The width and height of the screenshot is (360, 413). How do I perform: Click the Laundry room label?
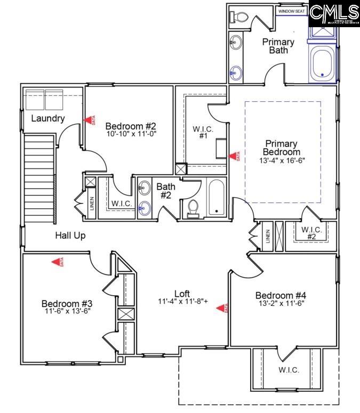tap(48, 118)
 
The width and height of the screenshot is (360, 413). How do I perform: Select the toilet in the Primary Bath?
tap(238, 17)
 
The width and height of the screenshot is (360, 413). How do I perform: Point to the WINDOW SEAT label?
tap(292, 10)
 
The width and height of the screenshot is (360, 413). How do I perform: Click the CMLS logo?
tap(334, 14)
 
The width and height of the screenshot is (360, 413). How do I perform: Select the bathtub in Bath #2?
tap(215, 197)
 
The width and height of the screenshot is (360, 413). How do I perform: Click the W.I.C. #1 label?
tap(203, 132)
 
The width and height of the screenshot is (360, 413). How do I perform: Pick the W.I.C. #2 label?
tap(312, 233)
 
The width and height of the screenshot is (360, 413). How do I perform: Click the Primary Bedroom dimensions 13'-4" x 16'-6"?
tap(282, 160)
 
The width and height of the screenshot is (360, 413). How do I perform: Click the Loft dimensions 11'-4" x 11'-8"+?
tap(182, 302)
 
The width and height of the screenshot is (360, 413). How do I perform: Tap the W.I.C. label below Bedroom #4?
tap(289, 370)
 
